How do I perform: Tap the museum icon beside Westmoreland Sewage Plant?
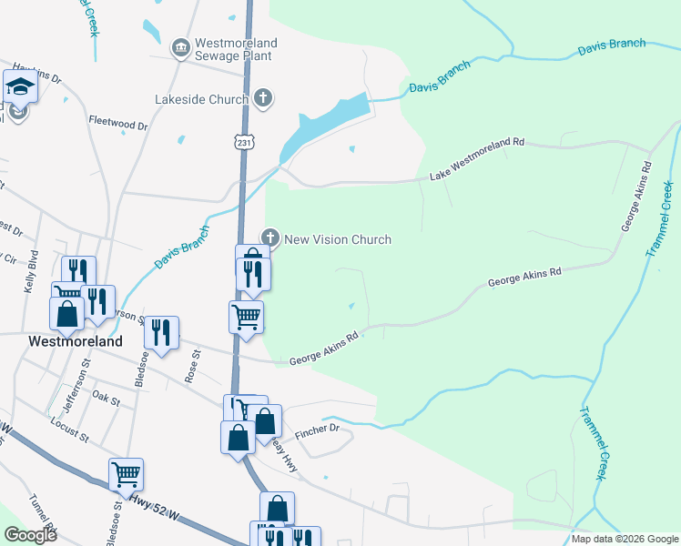pos(180,46)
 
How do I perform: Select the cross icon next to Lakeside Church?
pos(263,98)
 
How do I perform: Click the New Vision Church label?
pos(338,240)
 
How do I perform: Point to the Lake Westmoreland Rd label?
pos(478,157)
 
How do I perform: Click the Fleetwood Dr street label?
pos(118,123)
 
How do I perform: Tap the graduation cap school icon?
pos(19,87)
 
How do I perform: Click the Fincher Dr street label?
pos(317,428)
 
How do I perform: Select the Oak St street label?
pos(107,399)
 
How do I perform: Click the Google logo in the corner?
pos(30,535)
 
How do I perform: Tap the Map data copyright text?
pos(625,539)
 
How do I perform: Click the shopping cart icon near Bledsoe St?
pos(126,474)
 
